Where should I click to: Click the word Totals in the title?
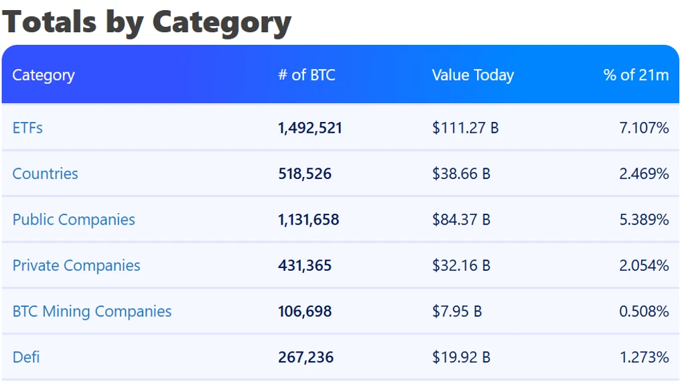pos(50,21)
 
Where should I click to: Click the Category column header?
pos(44,75)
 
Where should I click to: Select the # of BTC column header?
pos(307,75)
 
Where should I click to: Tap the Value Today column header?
pos(473,75)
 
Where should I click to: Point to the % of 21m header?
pos(636,75)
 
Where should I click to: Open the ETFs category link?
pos(27,128)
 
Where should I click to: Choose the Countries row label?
pos(45,174)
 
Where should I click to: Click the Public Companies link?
pos(74,220)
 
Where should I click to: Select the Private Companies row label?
pos(76,265)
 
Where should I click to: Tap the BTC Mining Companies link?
pos(92,312)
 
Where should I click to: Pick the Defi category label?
pos(26,357)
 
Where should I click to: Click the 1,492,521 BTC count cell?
pos(310,128)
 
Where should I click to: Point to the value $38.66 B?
pos(461,174)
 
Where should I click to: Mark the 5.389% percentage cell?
pos(644,220)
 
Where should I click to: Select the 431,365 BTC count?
pos(305,265)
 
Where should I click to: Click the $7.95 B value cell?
pos(457,312)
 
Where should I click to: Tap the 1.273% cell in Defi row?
pos(644,357)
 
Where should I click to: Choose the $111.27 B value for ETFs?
pos(465,128)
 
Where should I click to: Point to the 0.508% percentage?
pos(644,312)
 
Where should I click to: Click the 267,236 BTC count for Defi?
pos(305,357)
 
